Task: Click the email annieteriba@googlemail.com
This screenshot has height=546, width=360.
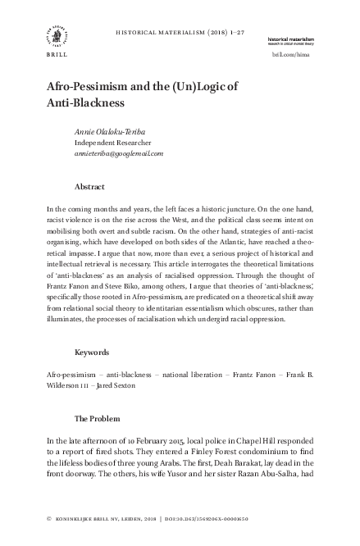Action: click(120, 152)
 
